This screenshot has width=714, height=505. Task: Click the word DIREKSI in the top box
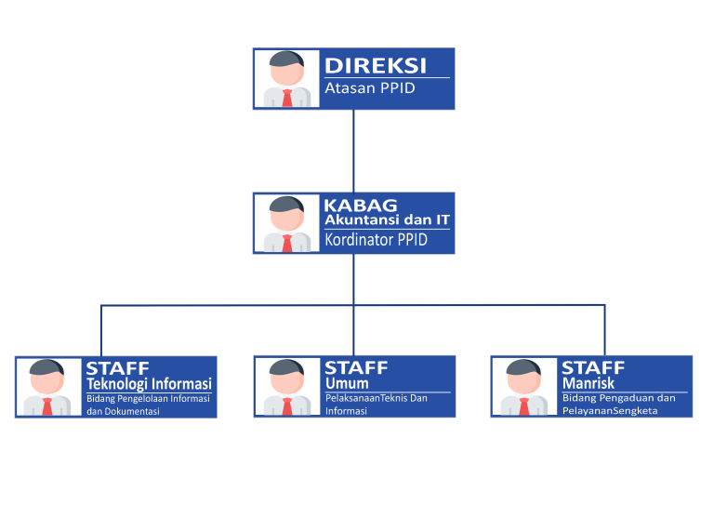pos(375,65)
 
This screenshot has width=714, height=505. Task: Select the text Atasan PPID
pos(369,89)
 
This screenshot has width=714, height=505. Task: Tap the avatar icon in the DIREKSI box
pos(286,79)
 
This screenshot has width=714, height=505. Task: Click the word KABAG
pos(361,206)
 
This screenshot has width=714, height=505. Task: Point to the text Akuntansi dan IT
pos(387,220)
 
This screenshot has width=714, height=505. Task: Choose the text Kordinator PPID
pos(376,240)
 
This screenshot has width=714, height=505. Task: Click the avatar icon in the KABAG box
pos(286,223)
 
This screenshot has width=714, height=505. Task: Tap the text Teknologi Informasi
pos(149,384)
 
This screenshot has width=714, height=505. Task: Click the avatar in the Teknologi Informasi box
pos(47,387)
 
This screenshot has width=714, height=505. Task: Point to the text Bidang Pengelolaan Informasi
pos(149,398)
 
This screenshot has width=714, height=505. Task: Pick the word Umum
pos(347,383)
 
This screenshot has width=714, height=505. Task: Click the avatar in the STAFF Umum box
pos(286,387)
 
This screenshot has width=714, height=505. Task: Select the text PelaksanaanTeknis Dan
pos(376,398)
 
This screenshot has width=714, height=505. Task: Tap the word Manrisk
pos(588,383)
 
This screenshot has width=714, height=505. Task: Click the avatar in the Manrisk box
pos(523,387)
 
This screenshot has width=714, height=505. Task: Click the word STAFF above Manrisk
pos(593,367)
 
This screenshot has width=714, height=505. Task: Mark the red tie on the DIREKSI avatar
pos(286,98)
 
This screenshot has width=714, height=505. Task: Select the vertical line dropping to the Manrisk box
pos(604,330)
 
